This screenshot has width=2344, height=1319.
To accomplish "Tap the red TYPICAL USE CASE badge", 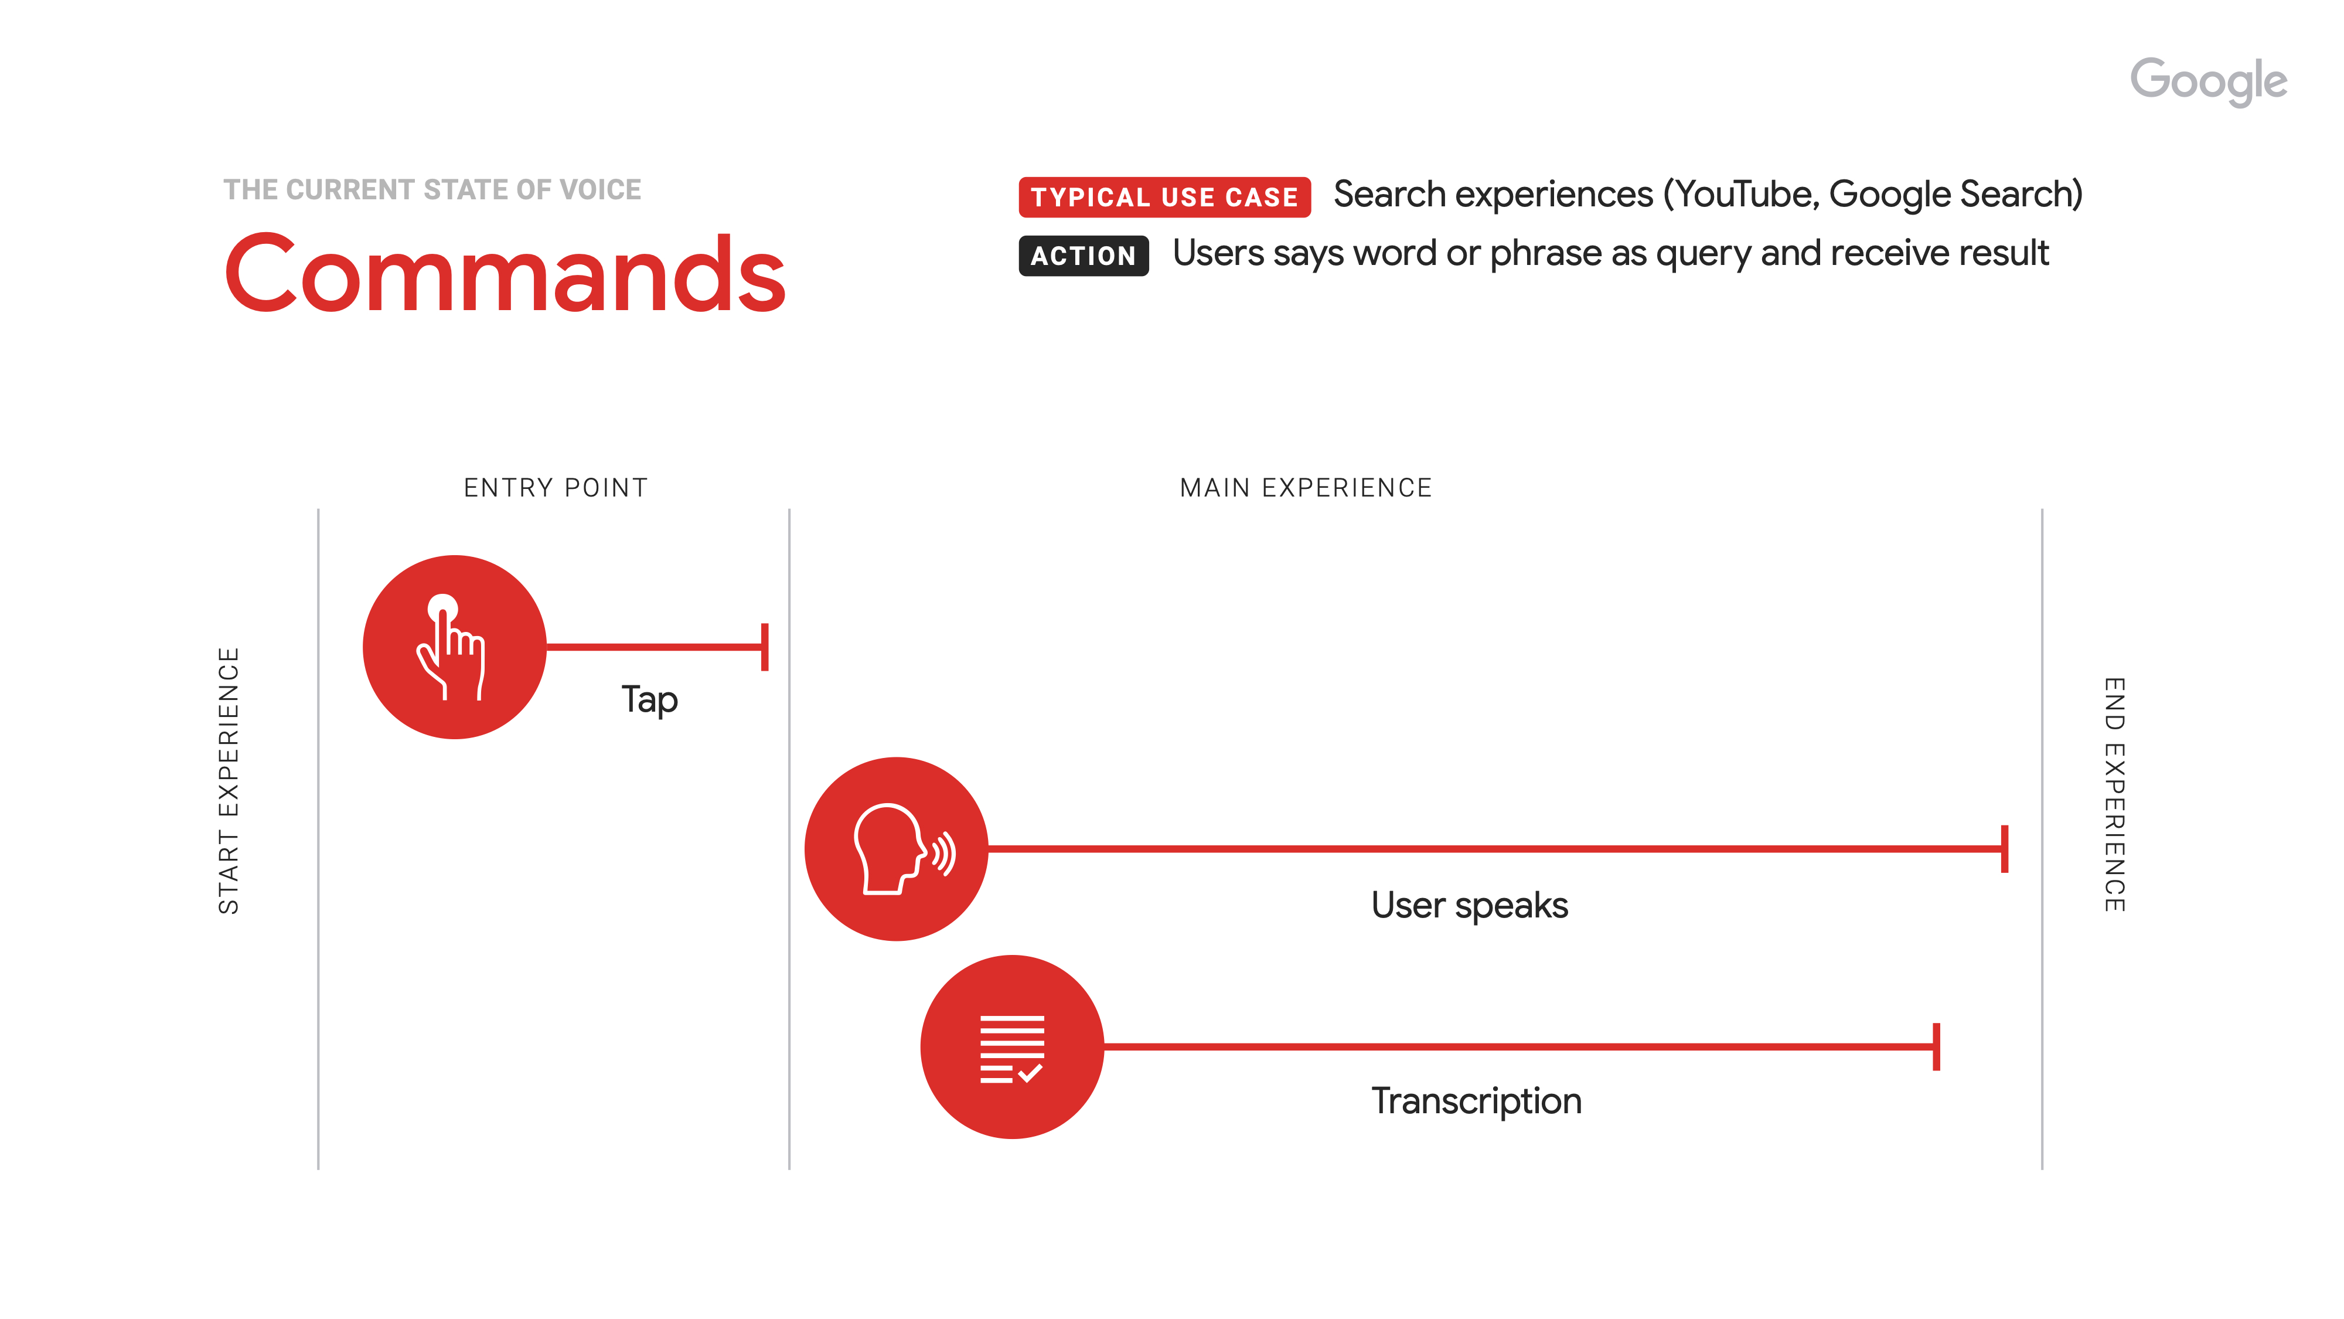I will pyautogui.click(x=1164, y=196).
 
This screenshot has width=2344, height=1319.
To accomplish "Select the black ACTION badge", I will pyautogui.click(x=1083, y=256).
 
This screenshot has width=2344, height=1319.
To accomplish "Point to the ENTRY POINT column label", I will pyautogui.click(x=555, y=488).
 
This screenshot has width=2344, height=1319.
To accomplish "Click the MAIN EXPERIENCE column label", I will pyautogui.click(x=1305, y=488).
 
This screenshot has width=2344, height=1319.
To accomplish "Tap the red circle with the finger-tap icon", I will pyautogui.click(x=454, y=647).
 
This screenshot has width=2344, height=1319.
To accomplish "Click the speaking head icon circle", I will pyautogui.click(x=897, y=848).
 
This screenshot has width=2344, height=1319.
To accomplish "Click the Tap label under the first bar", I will pyautogui.click(x=649, y=700).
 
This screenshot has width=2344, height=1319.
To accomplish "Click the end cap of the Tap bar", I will pyautogui.click(x=764, y=647).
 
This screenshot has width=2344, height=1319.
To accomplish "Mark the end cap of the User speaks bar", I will pyautogui.click(x=2004, y=848).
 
